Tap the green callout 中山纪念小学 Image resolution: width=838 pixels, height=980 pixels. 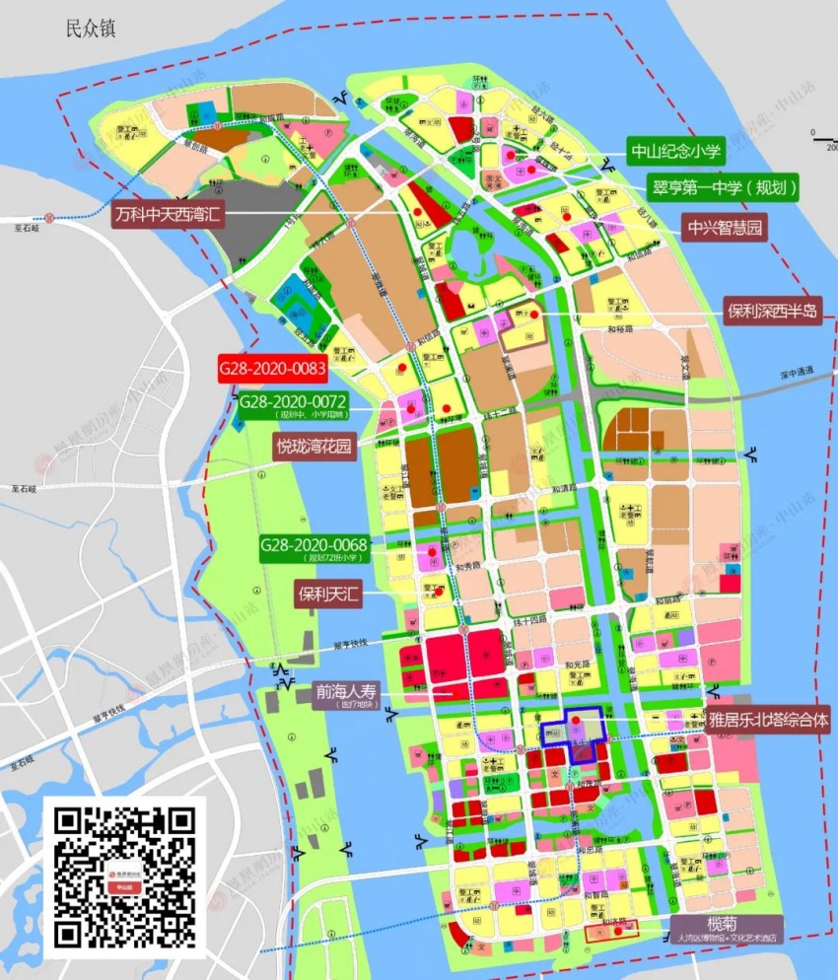676,151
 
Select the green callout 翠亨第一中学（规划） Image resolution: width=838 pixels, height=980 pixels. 723,186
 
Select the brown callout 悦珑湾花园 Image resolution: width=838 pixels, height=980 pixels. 313,446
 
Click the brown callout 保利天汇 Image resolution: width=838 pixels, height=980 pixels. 329,595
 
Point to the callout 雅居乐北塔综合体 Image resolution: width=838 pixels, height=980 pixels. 767,721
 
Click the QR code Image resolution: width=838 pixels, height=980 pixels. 124,876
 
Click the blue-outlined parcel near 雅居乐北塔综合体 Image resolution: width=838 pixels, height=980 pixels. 575,733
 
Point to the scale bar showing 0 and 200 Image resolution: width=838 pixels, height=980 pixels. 823,141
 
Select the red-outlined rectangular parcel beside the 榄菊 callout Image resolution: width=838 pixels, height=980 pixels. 611,930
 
